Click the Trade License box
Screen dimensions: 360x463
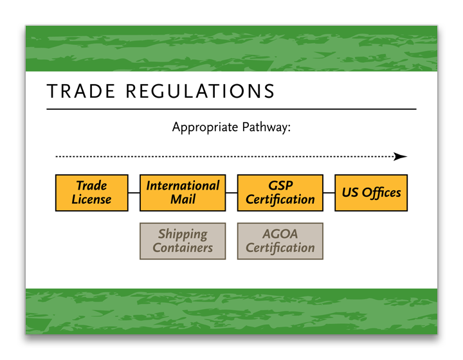91,192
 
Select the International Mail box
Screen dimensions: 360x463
183,192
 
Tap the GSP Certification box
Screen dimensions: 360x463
280,192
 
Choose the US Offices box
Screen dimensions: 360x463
371,192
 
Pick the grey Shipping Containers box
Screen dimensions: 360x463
183,241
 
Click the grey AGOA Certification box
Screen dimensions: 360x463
280,241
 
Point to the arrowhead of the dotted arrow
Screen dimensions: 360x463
401,156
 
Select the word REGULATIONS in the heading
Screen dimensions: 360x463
200,91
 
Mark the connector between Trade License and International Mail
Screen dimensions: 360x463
134,192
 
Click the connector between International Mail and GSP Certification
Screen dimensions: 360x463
232,192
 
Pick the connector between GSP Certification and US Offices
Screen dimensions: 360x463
329,192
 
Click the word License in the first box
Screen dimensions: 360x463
91,199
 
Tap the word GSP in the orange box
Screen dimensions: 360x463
280,186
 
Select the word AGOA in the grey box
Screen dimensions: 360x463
280,234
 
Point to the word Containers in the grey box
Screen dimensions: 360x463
183,248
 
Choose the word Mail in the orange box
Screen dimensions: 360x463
183,199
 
